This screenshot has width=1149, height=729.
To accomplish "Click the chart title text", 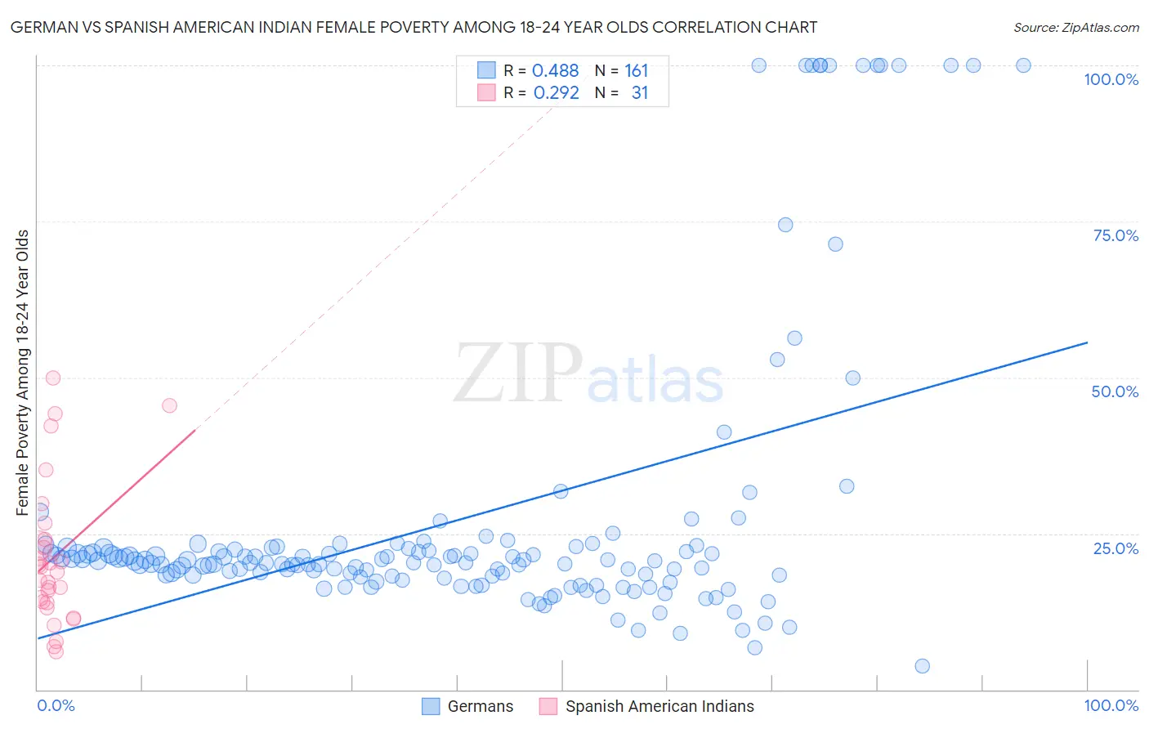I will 414,28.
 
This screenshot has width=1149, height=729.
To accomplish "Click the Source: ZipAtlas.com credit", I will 1075,28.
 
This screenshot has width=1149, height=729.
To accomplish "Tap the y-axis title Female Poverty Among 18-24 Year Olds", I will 23,373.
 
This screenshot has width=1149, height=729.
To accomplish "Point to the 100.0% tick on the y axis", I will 1111,79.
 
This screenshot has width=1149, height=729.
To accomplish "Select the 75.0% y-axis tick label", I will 1115,235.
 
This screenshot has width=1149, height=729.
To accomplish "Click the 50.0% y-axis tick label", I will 1115,391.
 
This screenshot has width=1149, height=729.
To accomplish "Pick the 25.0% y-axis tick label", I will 1115,548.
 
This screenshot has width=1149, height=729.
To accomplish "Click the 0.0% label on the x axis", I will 56,705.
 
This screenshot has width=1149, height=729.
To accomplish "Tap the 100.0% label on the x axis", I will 1111,705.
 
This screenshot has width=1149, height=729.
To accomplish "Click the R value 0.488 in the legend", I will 555,71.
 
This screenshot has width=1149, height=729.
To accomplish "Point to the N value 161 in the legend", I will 636,71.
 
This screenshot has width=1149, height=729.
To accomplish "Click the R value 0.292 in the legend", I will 556,93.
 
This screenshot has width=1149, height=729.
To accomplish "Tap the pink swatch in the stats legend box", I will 486,92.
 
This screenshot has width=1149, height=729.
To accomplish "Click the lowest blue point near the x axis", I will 922,666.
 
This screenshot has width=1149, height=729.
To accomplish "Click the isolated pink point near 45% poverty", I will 169,405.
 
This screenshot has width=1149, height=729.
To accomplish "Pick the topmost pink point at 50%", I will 53,378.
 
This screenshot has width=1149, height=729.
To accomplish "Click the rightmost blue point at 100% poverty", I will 1023,65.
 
